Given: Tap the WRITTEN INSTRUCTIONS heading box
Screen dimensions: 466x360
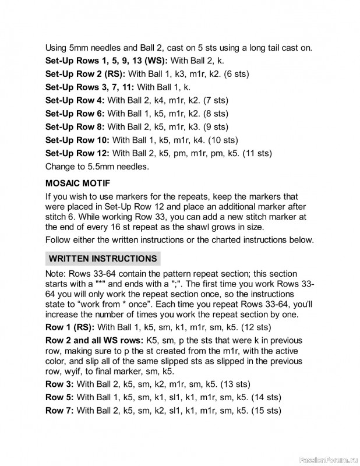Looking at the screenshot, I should point(103,258).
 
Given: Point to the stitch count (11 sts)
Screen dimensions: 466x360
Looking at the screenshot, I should point(259,153).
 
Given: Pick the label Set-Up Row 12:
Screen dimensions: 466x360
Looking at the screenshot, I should point(77,153).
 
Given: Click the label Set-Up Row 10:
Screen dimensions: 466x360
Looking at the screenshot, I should point(77,140).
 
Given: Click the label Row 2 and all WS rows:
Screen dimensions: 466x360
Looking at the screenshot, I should point(94,340).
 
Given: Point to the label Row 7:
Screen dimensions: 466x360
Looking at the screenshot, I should point(59,411).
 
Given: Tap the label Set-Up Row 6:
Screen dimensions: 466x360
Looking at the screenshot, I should point(75,114).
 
